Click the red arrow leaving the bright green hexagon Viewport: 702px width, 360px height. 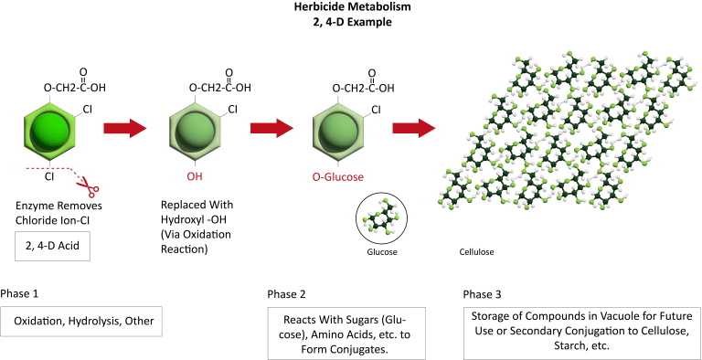coord(124,128)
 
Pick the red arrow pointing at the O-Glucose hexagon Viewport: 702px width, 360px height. coord(271,128)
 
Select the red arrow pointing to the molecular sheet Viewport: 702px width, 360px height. coord(414,128)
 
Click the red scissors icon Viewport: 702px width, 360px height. coord(90,187)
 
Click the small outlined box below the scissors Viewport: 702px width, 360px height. coord(51,247)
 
